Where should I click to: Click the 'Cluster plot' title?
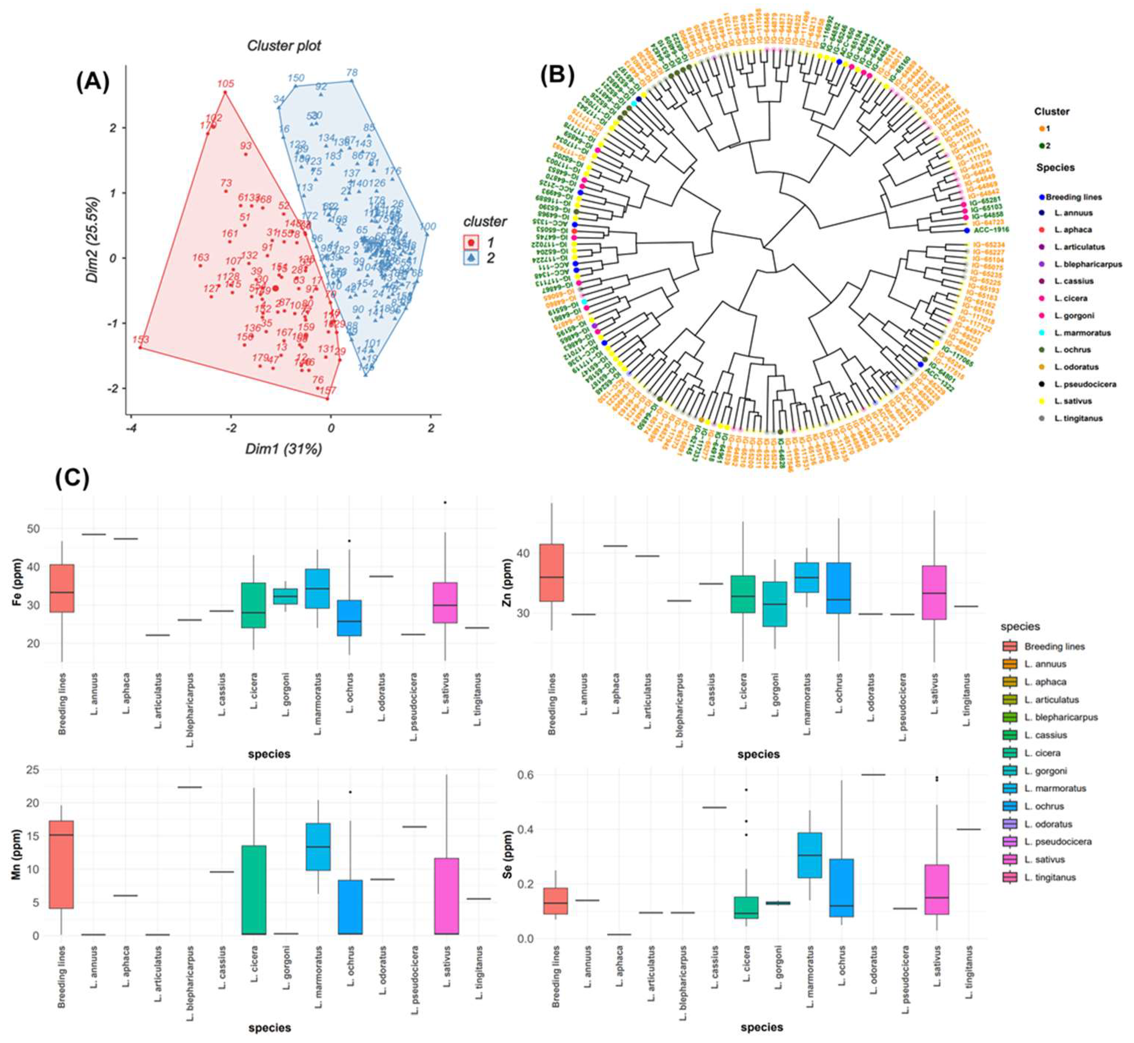(284, 46)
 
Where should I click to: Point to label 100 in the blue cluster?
(428, 227)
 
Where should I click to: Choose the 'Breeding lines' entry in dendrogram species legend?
(1073, 197)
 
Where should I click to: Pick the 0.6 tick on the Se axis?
(525, 775)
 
